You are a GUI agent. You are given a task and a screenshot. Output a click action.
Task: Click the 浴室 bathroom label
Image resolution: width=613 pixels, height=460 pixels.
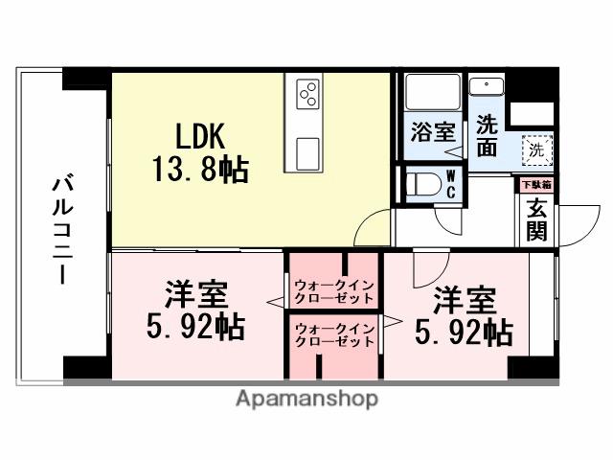tap(432, 131)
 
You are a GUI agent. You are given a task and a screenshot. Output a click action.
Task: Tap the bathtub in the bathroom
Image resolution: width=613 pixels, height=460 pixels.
tap(432, 93)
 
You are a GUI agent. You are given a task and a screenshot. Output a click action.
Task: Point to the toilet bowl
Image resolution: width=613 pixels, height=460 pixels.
tap(420, 185)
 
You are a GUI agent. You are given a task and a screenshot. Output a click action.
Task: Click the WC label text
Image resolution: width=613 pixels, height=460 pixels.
tap(450, 184)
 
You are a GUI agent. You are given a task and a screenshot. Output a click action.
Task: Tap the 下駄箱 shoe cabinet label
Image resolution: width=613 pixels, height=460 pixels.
tap(536, 183)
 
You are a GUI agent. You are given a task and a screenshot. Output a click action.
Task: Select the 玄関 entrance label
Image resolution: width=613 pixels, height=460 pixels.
tap(536, 219)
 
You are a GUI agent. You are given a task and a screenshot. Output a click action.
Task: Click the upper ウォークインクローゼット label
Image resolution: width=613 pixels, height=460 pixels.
tap(334, 290)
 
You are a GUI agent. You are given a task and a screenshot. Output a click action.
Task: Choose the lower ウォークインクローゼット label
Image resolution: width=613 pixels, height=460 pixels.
tap(334, 335)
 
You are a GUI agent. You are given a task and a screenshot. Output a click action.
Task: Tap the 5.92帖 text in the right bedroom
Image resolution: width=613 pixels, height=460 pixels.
tap(463, 333)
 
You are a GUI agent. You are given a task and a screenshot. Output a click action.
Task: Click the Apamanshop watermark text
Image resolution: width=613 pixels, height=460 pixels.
tap(306, 398)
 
